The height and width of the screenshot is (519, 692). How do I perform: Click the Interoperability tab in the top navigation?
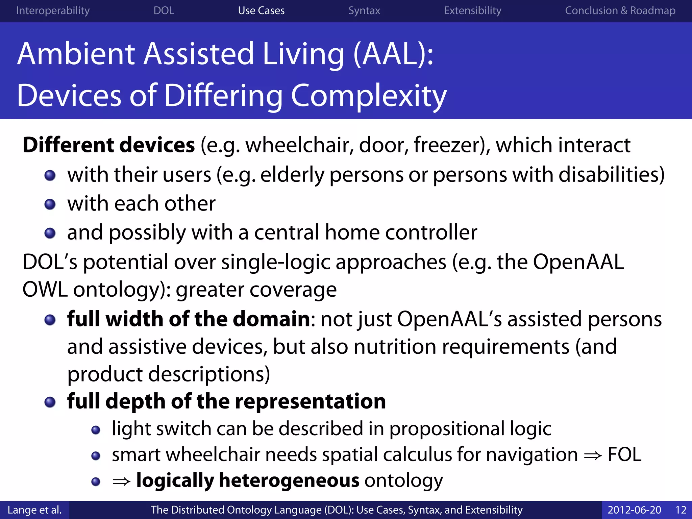point(53,11)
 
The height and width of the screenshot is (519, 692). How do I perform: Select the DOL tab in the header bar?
point(164,11)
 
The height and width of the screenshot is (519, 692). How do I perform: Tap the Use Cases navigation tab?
point(261,11)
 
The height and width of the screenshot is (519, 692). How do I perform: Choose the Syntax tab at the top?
point(364,11)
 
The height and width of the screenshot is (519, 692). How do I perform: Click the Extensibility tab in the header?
point(472,11)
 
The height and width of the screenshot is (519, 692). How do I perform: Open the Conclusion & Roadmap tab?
point(620,11)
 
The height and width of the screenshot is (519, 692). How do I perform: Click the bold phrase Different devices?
point(109,145)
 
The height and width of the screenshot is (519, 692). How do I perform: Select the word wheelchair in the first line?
point(299,145)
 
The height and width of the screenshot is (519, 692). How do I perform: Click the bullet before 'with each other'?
point(50,204)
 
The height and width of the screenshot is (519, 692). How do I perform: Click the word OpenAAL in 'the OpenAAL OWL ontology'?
point(578,262)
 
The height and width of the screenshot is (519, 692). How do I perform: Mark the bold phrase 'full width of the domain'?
point(189,319)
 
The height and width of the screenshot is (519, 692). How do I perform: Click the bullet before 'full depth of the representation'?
point(50,402)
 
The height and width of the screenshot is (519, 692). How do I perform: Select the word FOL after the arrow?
point(624,454)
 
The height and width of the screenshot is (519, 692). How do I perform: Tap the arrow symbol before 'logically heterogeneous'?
point(121,481)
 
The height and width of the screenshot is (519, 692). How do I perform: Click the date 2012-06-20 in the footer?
point(634,510)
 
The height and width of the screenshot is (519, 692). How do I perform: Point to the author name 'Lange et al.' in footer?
point(34,510)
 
